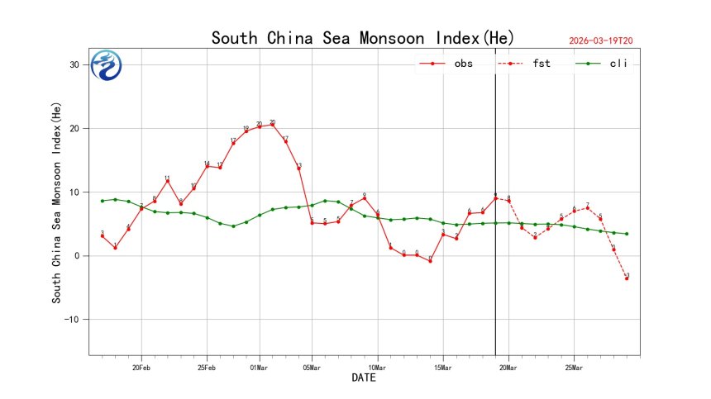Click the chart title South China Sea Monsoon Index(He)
[x=362, y=38]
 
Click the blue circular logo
[x=107, y=65]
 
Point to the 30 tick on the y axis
[x=74, y=64]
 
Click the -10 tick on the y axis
[x=72, y=320]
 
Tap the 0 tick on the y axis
[x=77, y=256]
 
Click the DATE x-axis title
[x=364, y=378]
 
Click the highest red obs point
[x=273, y=124]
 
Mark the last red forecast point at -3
[x=627, y=278]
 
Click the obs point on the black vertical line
[x=495, y=198]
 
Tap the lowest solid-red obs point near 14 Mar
[x=431, y=262]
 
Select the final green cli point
[x=627, y=234]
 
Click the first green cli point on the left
[x=103, y=201]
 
